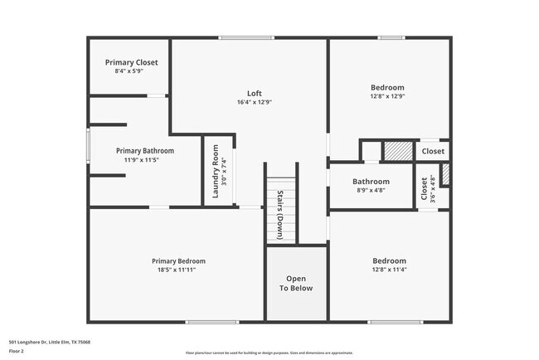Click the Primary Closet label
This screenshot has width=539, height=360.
131,62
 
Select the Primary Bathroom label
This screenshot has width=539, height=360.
145,150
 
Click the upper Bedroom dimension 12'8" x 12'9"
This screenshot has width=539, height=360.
387,96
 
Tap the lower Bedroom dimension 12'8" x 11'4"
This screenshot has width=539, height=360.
389,269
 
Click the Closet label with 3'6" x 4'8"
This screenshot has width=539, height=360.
425,189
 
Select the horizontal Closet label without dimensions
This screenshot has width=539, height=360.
432,151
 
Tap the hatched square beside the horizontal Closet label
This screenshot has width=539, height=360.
397,151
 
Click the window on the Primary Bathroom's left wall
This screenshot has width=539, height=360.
89,149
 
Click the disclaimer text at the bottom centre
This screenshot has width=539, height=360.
269,353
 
